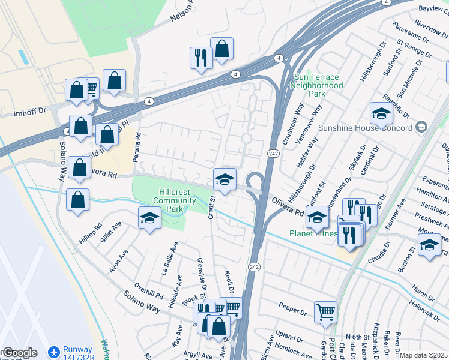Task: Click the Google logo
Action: point(20,353)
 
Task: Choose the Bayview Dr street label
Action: point(430,10)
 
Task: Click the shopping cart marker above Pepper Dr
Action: point(325,311)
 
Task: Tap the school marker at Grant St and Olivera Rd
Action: point(224,179)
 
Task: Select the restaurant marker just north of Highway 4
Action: point(200,58)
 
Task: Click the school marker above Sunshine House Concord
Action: point(381,113)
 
